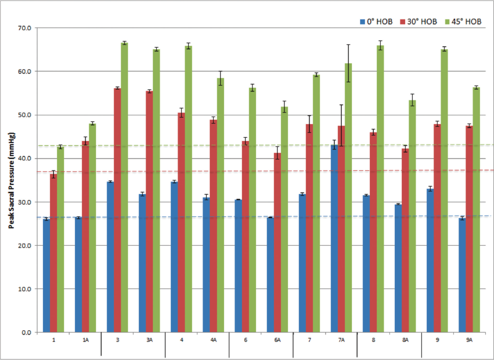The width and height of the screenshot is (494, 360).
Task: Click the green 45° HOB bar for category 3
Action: (125, 188)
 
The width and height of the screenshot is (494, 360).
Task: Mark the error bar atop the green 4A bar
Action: (220, 78)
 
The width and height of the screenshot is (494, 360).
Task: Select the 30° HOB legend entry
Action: (419, 21)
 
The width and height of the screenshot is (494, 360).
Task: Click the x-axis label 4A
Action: (213, 340)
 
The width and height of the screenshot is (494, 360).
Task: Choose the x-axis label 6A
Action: (277, 340)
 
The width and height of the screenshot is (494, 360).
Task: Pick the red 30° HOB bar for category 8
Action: (373, 232)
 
